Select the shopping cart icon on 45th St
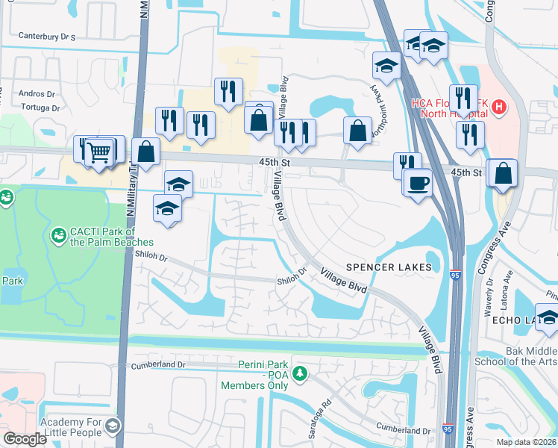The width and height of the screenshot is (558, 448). tap(99, 152)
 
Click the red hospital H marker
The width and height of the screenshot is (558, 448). tap(498, 109)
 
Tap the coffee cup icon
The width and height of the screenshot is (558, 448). tap(417, 182)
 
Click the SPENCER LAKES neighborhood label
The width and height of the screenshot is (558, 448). tap(388, 267)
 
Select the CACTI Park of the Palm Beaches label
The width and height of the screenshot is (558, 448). tap(101, 237)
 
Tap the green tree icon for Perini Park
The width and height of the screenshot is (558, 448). tap(299, 373)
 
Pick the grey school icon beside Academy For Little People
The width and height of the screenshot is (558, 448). tap(112, 426)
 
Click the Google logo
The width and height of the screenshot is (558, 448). tap(25, 439)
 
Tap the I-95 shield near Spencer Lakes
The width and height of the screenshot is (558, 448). tap(455, 276)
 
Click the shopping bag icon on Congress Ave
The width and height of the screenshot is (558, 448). tap(505, 173)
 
